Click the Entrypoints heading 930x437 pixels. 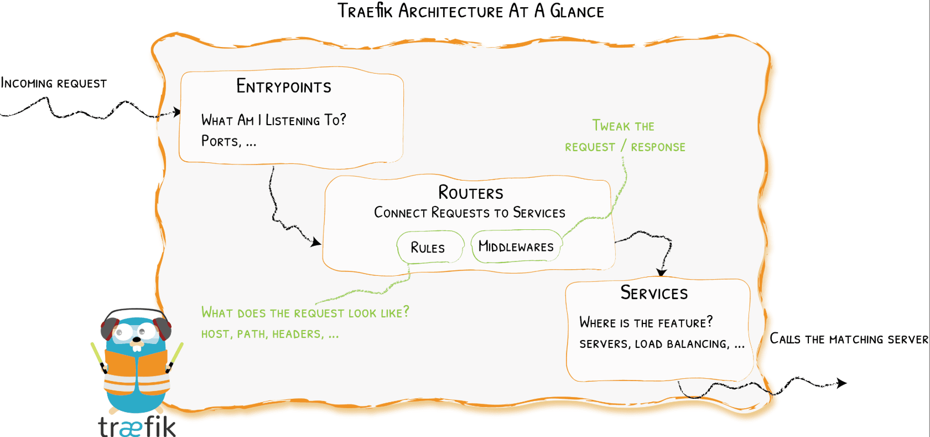pyautogui.click(x=284, y=86)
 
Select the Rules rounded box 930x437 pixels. pyautogui.click(x=429, y=248)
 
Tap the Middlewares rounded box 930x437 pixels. pyautogui.click(x=516, y=246)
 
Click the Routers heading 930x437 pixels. pyautogui.click(x=471, y=193)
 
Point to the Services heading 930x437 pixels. pyautogui.click(x=654, y=293)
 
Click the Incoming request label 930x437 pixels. pyautogui.click(x=54, y=84)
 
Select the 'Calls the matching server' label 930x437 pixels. pyautogui.click(x=849, y=339)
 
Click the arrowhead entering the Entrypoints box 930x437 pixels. pyautogui.click(x=176, y=112)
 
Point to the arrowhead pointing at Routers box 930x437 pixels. pyautogui.click(x=316, y=242)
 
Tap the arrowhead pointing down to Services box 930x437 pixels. pyautogui.click(x=662, y=272)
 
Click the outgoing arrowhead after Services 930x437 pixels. pyautogui.click(x=841, y=383)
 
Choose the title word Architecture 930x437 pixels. pyautogui.click(x=451, y=11)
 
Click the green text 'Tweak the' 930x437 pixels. pyautogui.click(x=623, y=126)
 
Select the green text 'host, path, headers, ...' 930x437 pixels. pyautogui.click(x=269, y=335)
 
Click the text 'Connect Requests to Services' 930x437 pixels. pyautogui.click(x=470, y=213)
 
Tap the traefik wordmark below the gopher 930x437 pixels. pyautogui.click(x=137, y=426)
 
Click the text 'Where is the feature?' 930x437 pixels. pyautogui.click(x=646, y=322)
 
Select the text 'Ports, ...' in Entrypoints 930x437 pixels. pyautogui.click(x=228, y=141)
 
